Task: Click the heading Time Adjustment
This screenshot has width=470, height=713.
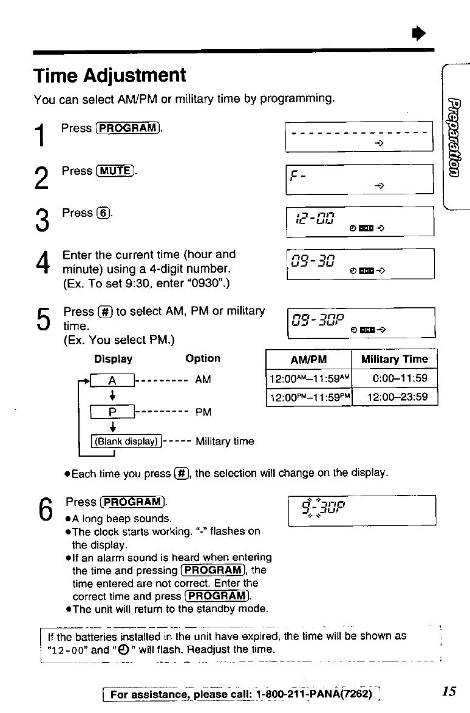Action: point(109,77)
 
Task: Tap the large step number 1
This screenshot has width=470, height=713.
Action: point(40,134)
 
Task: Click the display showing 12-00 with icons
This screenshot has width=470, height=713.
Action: point(360,221)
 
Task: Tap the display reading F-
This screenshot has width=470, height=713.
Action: point(360,179)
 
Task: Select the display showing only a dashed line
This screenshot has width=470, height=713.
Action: point(360,136)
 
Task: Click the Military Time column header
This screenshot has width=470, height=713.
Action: point(395,359)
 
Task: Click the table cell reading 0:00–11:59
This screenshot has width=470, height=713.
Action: point(395,378)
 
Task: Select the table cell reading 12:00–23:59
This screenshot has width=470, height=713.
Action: point(395,397)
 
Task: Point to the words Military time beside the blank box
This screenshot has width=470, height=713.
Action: point(225,441)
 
